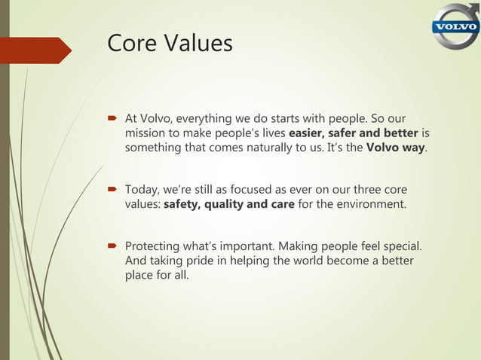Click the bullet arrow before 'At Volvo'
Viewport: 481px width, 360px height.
114,119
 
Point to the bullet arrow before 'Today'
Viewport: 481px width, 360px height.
114,188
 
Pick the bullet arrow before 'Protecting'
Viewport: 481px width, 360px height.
114,246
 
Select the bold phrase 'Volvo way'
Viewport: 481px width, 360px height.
395,147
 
